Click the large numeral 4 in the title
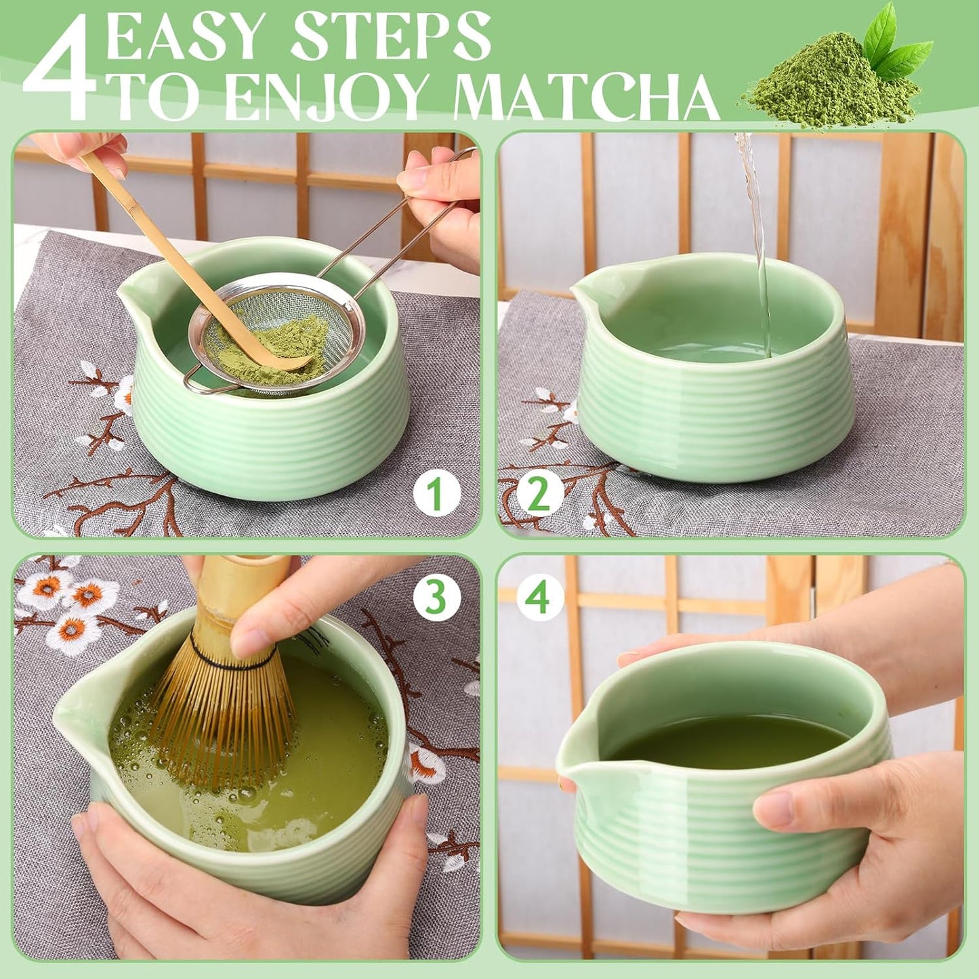click(x=60, y=68)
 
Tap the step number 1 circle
click(x=437, y=495)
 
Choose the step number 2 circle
click(x=540, y=495)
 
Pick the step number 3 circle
click(x=437, y=598)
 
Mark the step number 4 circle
click(x=540, y=598)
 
